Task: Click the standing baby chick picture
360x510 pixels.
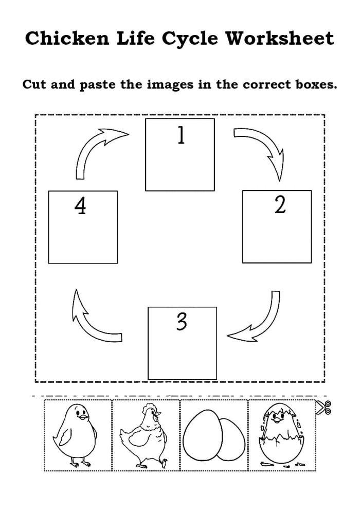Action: coord(78,435)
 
